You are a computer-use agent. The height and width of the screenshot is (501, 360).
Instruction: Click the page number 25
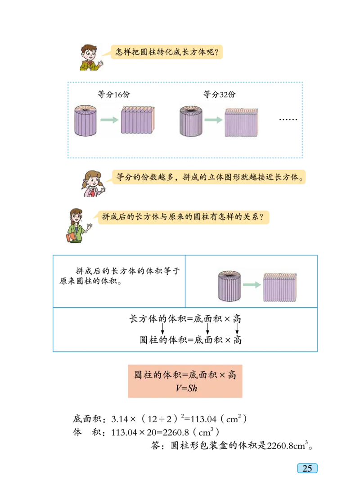point(307,468)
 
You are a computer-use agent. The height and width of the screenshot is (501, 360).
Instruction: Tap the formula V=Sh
point(186,388)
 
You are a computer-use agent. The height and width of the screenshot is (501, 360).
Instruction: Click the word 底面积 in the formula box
point(202,375)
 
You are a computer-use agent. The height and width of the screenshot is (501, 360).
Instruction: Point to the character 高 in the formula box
point(231,375)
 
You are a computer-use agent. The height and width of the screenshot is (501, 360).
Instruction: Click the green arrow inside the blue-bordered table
point(255,285)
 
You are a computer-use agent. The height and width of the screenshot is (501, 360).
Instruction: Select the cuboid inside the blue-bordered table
point(280,286)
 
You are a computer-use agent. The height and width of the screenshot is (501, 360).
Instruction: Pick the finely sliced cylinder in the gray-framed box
point(191,121)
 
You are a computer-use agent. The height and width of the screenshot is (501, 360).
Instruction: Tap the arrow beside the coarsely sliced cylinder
point(109,120)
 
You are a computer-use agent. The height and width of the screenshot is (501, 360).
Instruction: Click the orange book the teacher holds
point(70,237)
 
